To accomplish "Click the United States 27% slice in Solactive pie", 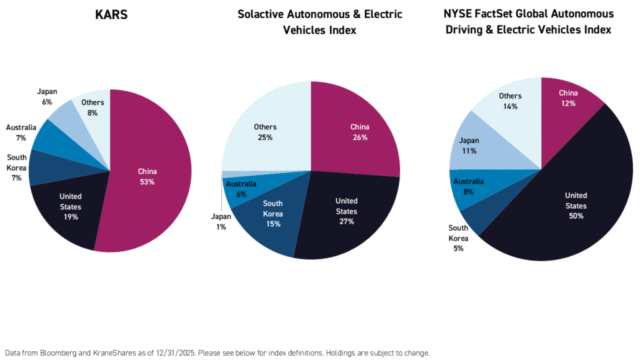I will [x=347, y=214].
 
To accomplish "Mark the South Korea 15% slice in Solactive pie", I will [x=272, y=221].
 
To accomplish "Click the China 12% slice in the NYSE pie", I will [x=567, y=101].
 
